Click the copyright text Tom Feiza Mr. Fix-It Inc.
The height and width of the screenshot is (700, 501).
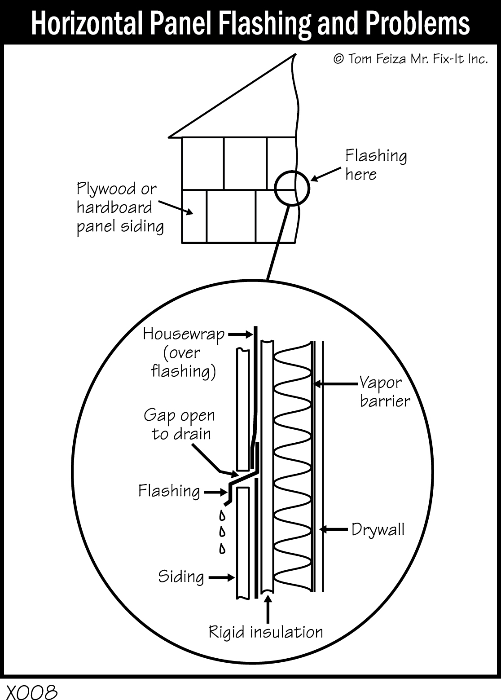tap(410, 59)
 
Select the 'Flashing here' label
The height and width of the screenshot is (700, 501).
tap(376, 164)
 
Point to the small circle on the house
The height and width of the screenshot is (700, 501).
tap(292, 189)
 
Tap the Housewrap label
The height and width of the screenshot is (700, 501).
tap(184, 334)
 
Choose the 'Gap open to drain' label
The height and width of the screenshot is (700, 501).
tap(180, 424)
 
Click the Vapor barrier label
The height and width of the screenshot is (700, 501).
tap(385, 392)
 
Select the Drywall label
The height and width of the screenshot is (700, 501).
tap(378, 529)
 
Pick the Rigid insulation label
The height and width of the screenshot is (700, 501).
tap(266, 632)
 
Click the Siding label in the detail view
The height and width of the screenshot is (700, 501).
tap(181, 577)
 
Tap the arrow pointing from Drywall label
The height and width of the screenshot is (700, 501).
tap(335, 530)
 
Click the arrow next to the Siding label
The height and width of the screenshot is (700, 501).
tap(221, 578)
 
